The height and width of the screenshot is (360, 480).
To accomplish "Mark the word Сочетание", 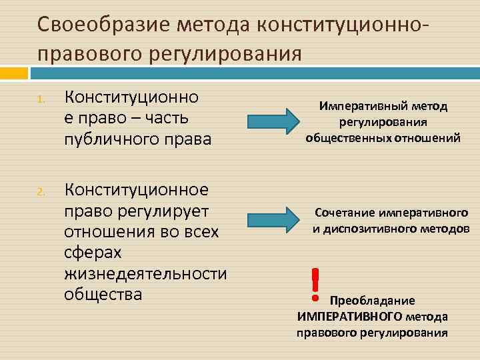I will tap(345, 214).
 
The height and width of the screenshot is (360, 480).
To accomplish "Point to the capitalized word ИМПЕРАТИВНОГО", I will tap(349, 316).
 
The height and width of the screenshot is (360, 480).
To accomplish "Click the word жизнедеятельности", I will tap(145, 274).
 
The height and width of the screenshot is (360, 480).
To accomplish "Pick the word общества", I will tap(103, 293).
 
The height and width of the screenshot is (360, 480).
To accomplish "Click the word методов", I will tap(444, 229).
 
